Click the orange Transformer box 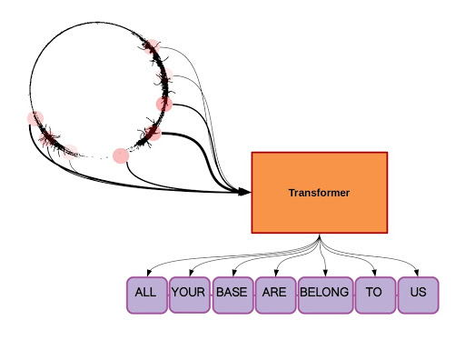[x=319, y=193]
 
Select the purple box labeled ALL [x=146, y=295]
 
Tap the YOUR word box [x=189, y=294]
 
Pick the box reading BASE [x=232, y=294]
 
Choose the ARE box [x=274, y=294]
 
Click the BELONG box [x=324, y=294]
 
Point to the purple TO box [x=374, y=294]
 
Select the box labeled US [x=418, y=294]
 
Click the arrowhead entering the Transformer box [x=246, y=192]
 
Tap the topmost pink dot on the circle [x=152, y=47]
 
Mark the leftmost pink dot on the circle [x=35, y=118]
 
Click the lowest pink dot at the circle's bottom [x=121, y=155]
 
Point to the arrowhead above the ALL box [x=147, y=274]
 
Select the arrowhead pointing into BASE [x=232, y=274]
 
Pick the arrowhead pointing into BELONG [x=324, y=274]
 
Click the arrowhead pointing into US [x=418, y=274]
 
